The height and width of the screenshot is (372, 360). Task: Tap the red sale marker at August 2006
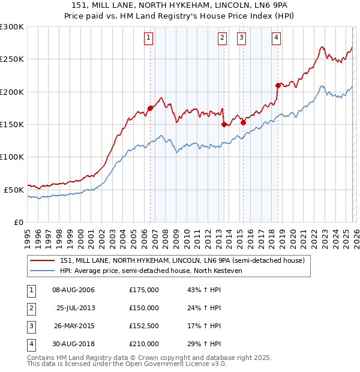(150, 108)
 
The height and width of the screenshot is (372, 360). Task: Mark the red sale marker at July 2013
(224, 124)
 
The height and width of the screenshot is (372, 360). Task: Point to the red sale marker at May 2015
(243, 123)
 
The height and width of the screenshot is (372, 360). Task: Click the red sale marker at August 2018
(278, 85)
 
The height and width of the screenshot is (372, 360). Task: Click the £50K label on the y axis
(14, 190)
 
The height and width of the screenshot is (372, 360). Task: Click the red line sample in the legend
(43, 261)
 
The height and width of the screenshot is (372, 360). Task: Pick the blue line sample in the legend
(43, 271)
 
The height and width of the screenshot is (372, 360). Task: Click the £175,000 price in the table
(144, 290)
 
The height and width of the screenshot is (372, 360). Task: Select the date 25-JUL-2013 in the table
(75, 308)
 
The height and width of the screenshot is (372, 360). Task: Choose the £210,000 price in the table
(144, 344)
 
